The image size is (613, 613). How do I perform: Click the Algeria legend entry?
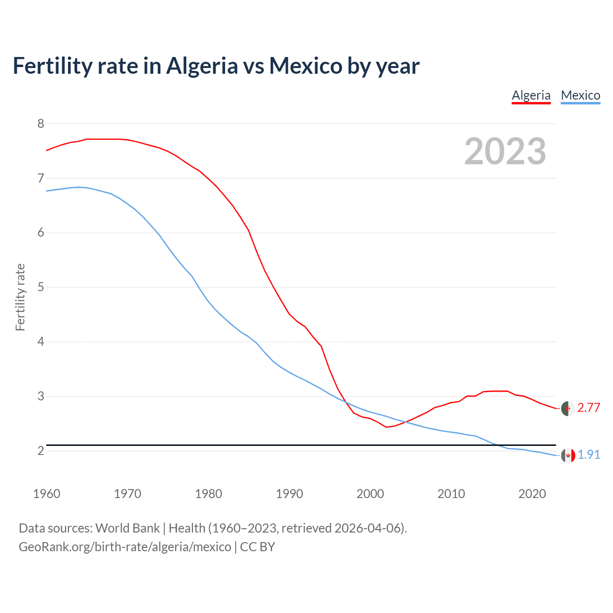coord(531,95)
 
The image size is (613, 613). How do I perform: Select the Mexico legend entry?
coord(580,95)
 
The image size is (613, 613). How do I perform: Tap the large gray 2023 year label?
coord(505,151)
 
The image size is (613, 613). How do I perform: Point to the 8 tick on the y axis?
coord(41,124)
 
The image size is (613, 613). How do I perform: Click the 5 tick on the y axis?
coord(41,287)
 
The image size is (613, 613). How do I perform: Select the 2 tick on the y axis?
coord(41,451)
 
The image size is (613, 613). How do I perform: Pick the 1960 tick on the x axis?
coord(46,494)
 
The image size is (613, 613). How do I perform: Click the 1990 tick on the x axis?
coord(289,494)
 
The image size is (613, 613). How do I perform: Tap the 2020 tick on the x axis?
coord(532,494)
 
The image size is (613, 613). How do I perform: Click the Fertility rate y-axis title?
coord(20,297)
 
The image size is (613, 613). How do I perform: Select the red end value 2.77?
coord(589,408)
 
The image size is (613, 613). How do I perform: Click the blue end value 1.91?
coord(589,454)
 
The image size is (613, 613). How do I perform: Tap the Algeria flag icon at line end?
coord(568,409)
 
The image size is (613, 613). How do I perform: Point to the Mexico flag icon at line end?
coord(568,455)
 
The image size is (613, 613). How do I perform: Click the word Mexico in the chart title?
coord(306,66)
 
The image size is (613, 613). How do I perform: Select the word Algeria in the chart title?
coord(202,66)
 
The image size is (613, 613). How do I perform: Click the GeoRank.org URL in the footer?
coord(125,547)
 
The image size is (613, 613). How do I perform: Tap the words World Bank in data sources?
coord(127,528)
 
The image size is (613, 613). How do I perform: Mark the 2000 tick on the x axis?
coord(370,494)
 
